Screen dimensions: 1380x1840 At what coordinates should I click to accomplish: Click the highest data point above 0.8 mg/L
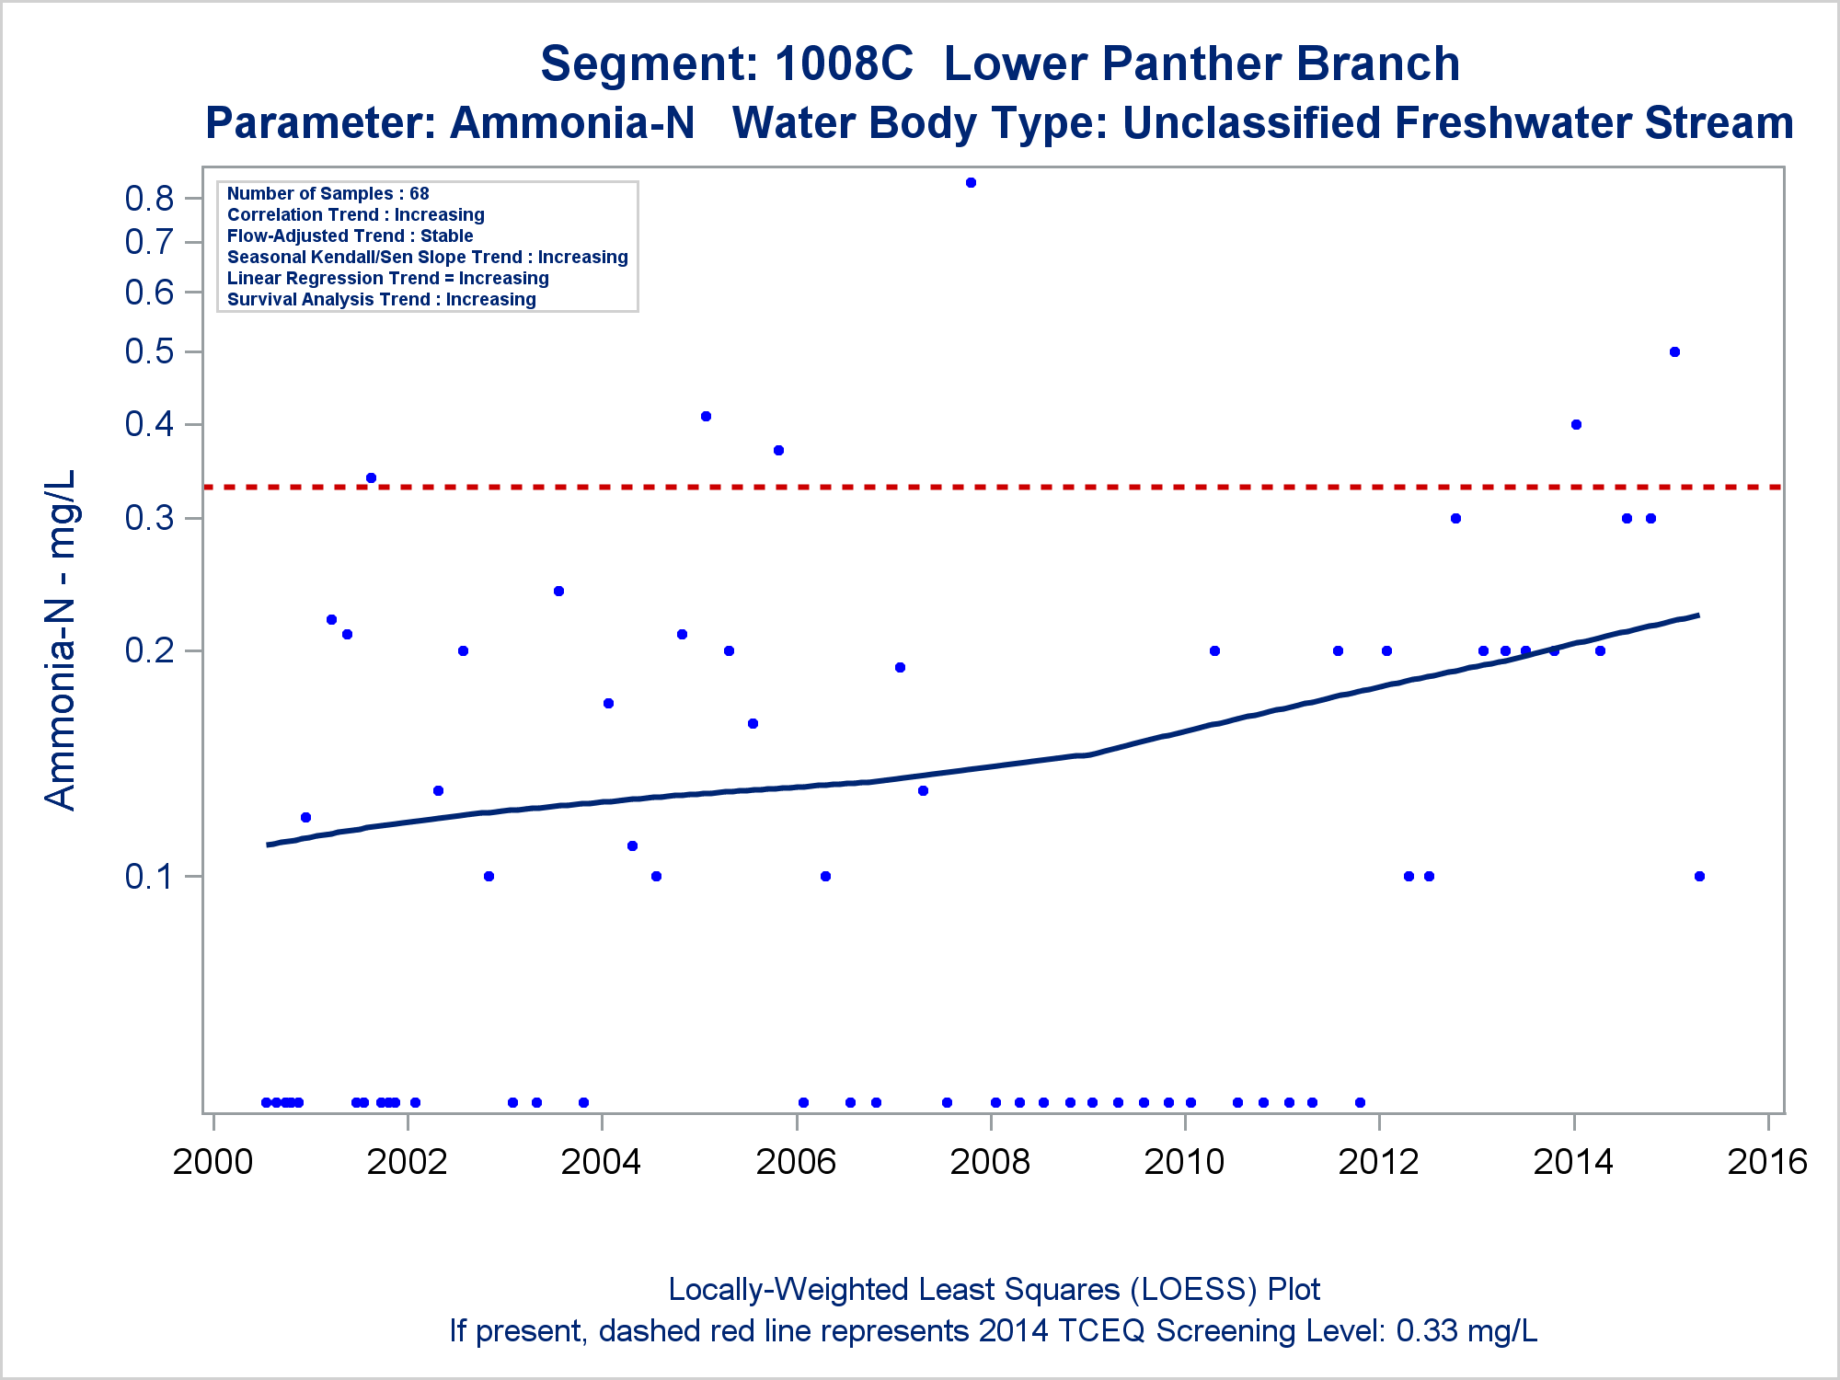click(x=971, y=183)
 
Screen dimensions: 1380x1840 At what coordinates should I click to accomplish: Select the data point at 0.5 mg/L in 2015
click(x=1674, y=352)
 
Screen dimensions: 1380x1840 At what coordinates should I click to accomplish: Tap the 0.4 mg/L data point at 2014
click(x=1576, y=425)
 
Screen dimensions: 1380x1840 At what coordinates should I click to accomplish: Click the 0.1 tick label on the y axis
click(x=149, y=877)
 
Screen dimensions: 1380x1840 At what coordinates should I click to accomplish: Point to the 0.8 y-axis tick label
click(x=149, y=198)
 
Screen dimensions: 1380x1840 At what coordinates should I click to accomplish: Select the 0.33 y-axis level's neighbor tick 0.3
click(x=149, y=519)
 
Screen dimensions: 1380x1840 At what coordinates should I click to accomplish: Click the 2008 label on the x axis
click(x=990, y=1162)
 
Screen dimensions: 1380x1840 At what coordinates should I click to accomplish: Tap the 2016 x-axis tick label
click(x=1767, y=1162)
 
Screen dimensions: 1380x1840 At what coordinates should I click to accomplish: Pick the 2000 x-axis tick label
click(x=213, y=1162)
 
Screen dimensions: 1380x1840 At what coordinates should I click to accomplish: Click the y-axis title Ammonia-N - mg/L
click(x=61, y=640)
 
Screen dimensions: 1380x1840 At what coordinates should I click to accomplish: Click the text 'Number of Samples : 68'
click(x=328, y=194)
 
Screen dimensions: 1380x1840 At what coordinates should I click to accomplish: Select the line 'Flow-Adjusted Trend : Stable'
click(x=350, y=236)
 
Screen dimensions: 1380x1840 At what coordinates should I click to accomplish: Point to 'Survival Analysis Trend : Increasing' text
click(x=381, y=300)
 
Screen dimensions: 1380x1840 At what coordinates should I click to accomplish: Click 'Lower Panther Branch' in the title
click(x=1202, y=64)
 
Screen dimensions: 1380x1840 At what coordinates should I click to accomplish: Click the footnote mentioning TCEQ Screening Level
click(x=993, y=1331)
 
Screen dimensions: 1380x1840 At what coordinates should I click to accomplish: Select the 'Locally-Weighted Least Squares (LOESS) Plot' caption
click(x=994, y=1290)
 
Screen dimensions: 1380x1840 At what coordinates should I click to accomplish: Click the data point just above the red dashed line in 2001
click(x=371, y=478)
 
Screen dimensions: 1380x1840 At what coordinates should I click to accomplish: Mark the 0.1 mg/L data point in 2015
click(x=1699, y=877)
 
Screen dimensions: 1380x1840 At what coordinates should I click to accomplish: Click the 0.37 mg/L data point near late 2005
click(x=778, y=451)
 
